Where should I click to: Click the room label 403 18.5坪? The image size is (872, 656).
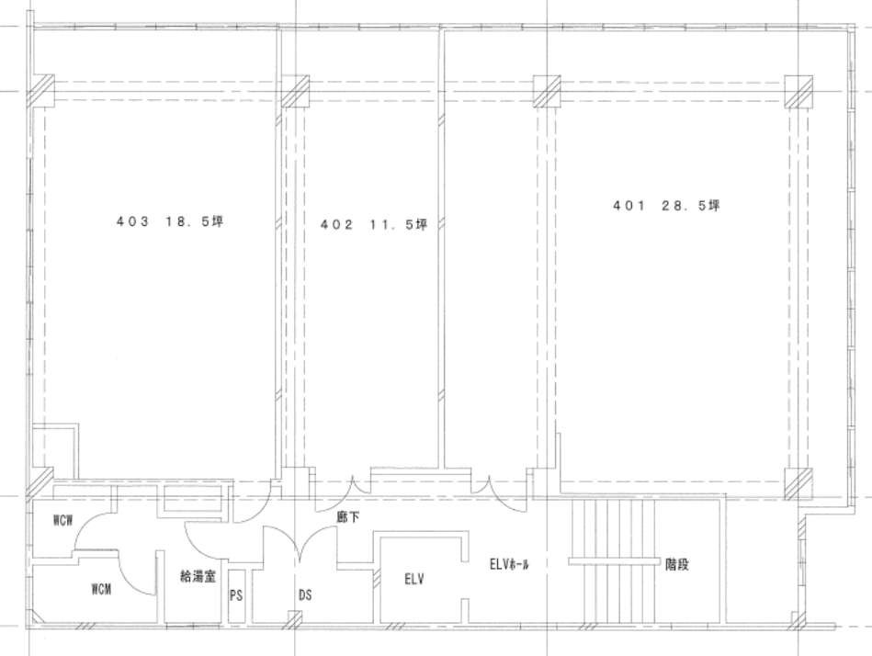tap(170, 221)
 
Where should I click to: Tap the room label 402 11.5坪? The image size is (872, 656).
tap(374, 224)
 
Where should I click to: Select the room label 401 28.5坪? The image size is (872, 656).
tap(666, 206)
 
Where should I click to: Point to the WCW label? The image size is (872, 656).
tap(62, 520)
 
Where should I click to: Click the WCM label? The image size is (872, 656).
tap(101, 588)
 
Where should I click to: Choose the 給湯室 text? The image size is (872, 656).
tap(198, 576)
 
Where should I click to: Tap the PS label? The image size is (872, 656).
tap(236, 595)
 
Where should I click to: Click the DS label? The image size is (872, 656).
tap(305, 595)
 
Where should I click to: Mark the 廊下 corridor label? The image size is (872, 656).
tap(348, 517)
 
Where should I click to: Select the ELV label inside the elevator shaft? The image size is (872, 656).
tap(414, 579)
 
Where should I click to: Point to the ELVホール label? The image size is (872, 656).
tap(509, 564)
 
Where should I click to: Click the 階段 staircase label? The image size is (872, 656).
tap(677, 565)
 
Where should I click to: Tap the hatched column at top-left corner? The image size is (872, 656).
tap(41, 91)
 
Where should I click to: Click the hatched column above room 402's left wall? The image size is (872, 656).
tap(295, 91)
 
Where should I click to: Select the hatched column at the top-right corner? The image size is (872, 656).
tap(798, 92)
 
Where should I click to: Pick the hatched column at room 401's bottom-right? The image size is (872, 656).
tap(798, 483)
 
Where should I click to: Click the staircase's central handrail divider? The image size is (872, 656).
tap(612, 562)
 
